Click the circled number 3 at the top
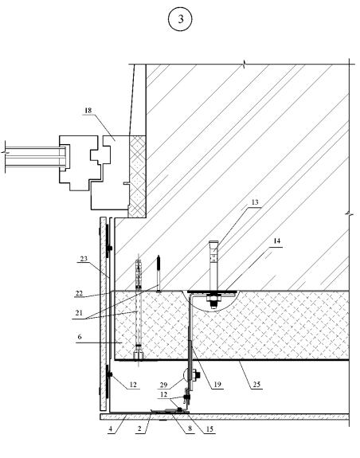[180, 19]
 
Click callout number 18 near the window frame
[88, 111]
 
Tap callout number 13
[255, 202]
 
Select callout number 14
[277, 241]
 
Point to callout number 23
[84, 259]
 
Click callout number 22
[79, 293]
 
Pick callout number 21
[79, 313]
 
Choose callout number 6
[80, 337]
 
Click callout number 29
[163, 385]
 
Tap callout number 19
[217, 385]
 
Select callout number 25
[256, 385]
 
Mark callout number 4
[111, 429]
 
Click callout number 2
[139, 429]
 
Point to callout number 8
[190, 429]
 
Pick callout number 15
[209, 429]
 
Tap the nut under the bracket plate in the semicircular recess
[213, 299]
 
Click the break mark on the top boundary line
[244, 64]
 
